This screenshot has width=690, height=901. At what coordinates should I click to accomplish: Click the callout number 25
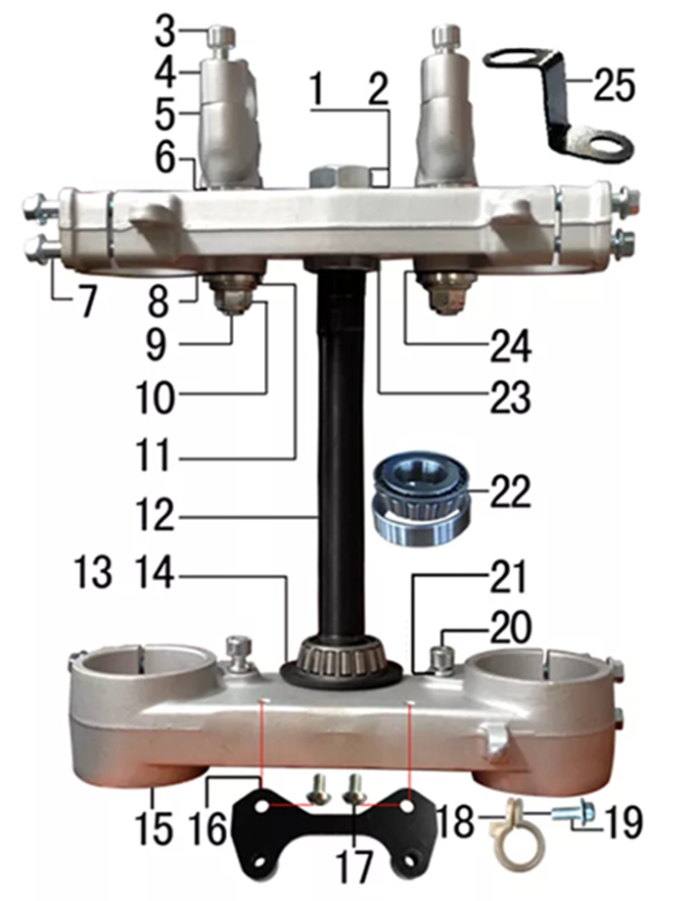point(614,85)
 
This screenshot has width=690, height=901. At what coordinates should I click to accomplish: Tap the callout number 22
point(510,492)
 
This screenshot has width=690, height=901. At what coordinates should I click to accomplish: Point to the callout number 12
point(155,515)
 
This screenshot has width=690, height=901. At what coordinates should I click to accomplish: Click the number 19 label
point(625,822)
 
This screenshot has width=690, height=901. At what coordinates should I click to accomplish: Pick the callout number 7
point(87,301)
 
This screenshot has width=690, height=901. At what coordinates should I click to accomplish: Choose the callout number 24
point(510,346)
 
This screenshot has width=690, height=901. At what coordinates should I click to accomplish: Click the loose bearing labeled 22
point(420,498)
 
